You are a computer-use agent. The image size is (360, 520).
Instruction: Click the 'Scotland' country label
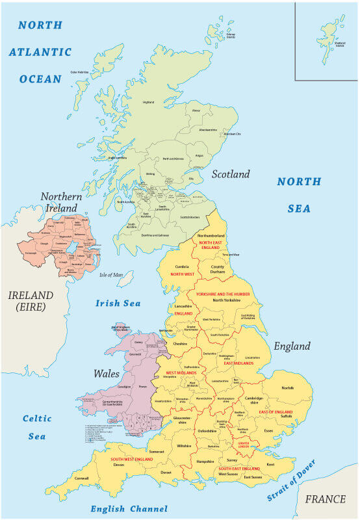tap(230, 174)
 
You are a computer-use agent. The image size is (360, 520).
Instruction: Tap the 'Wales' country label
tap(107, 374)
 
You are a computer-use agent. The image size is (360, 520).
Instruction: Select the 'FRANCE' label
tap(325, 499)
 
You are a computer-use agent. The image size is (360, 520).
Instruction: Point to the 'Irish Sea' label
tap(118, 303)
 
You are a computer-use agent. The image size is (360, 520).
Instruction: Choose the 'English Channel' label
tap(129, 509)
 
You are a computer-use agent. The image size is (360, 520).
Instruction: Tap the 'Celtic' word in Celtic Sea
tap(37, 419)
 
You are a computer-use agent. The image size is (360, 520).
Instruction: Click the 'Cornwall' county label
tap(82, 478)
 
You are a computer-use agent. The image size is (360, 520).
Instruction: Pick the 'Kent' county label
tap(270, 464)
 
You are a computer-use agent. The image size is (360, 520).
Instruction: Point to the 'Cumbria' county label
tap(183, 266)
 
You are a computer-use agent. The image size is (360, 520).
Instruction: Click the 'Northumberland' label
tap(211, 235)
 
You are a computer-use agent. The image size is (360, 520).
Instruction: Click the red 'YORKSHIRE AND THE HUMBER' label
tap(223, 294)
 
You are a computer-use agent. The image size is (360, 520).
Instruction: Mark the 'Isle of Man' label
tap(111, 275)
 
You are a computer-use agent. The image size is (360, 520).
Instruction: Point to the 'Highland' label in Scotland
tap(149, 102)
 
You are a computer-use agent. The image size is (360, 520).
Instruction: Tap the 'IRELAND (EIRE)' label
tap(31, 301)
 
